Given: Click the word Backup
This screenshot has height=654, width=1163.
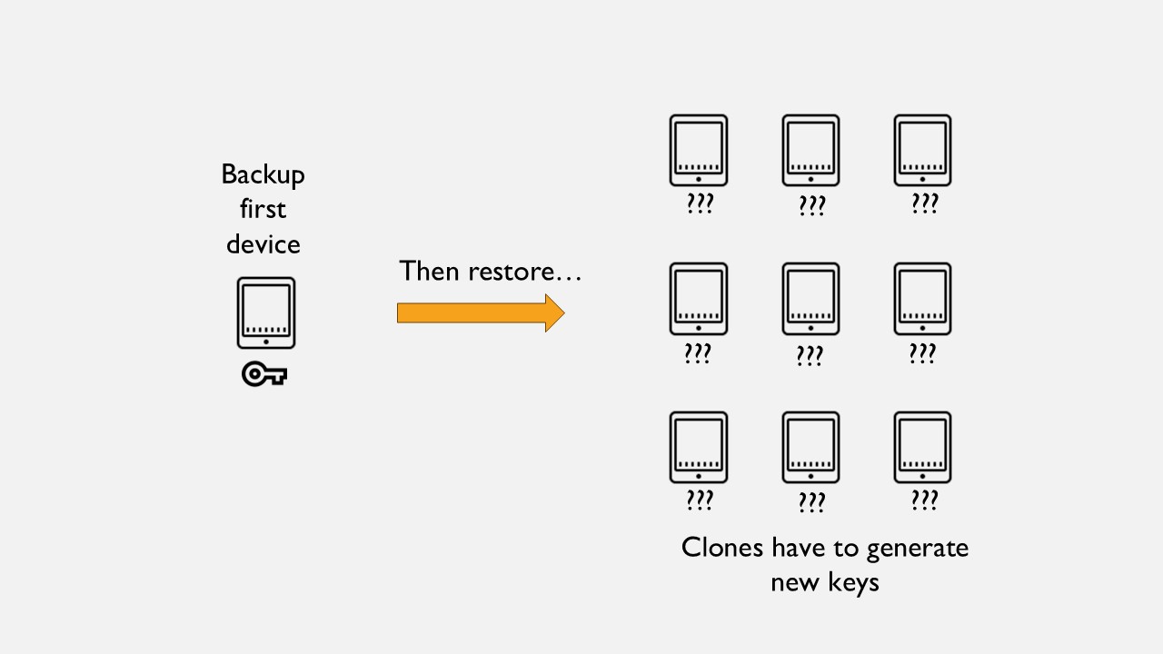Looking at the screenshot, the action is [x=263, y=175].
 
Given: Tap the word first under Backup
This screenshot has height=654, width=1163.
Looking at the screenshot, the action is [x=263, y=209].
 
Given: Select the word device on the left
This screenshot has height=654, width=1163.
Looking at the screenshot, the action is [x=263, y=243].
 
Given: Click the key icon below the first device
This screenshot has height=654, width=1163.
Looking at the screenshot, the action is [x=264, y=373].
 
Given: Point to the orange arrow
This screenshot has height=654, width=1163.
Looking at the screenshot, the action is [x=481, y=313].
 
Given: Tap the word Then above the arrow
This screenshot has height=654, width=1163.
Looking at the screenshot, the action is [x=429, y=271].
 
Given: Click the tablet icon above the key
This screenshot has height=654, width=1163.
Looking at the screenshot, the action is [x=266, y=313].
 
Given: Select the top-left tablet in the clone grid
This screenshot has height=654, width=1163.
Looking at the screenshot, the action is [x=699, y=151].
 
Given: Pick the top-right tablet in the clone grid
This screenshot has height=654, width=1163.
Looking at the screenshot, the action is [x=922, y=151].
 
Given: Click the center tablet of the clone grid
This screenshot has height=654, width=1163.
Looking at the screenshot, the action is [x=810, y=299].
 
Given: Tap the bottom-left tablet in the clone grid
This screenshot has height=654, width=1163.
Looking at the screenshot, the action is [x=699, y=448].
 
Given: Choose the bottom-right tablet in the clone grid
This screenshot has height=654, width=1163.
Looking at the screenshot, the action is [x=922, y=448].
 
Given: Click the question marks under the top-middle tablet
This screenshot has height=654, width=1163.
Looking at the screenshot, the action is [x=812, y=206].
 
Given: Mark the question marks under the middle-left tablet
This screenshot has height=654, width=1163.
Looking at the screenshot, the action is [x=698, y=353].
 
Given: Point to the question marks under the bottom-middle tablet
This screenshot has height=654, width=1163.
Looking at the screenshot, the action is [x=812, y=502].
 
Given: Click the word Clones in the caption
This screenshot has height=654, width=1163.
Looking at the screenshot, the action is [x=722, y=548].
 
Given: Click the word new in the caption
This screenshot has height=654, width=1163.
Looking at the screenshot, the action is [x=795, y=583].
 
